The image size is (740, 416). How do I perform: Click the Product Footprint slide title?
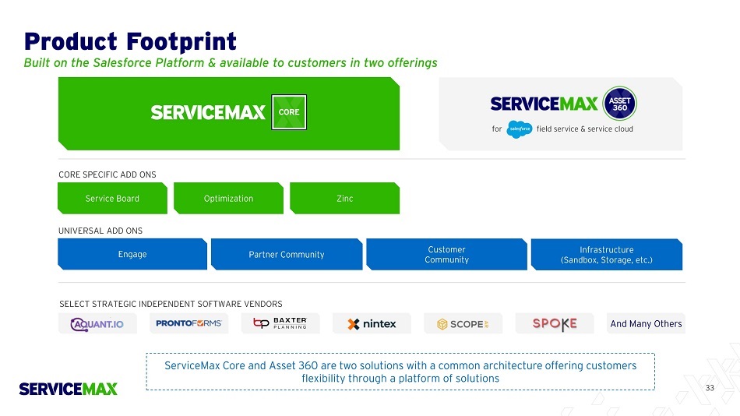(x=130, y=41)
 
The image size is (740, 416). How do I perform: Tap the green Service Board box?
(x=112, y=199)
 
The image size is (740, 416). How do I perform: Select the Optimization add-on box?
(x=228, y=199)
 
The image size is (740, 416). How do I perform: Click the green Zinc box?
(x=344, y=199)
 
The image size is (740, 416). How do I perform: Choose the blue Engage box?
(x=132, y=254)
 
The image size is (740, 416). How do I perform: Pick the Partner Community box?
(x=286, y=255)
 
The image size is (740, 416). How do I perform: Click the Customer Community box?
(x=446, y=255)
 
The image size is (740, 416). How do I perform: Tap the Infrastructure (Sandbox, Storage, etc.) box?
(x=606, y=255)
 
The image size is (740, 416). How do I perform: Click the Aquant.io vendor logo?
(x=97, y=323)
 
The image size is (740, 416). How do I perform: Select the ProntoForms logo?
(x=189, y=323)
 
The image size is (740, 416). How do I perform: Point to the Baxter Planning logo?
(x=280, y=323)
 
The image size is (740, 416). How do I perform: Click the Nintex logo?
(x=372, y=323)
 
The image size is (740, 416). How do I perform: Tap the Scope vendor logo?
(x=463, y=323)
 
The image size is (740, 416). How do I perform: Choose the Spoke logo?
(x=555, y=323)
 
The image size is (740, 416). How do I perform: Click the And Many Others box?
(x=646, y=323)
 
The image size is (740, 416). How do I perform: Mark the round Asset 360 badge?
(x=619, y=103)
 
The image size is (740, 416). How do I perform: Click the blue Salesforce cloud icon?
(x=519, y=129)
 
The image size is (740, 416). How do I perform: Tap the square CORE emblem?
(x=288, y=112)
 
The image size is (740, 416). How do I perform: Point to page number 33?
(x=709, y=388)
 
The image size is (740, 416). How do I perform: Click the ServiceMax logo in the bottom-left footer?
(x=69, y=388)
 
